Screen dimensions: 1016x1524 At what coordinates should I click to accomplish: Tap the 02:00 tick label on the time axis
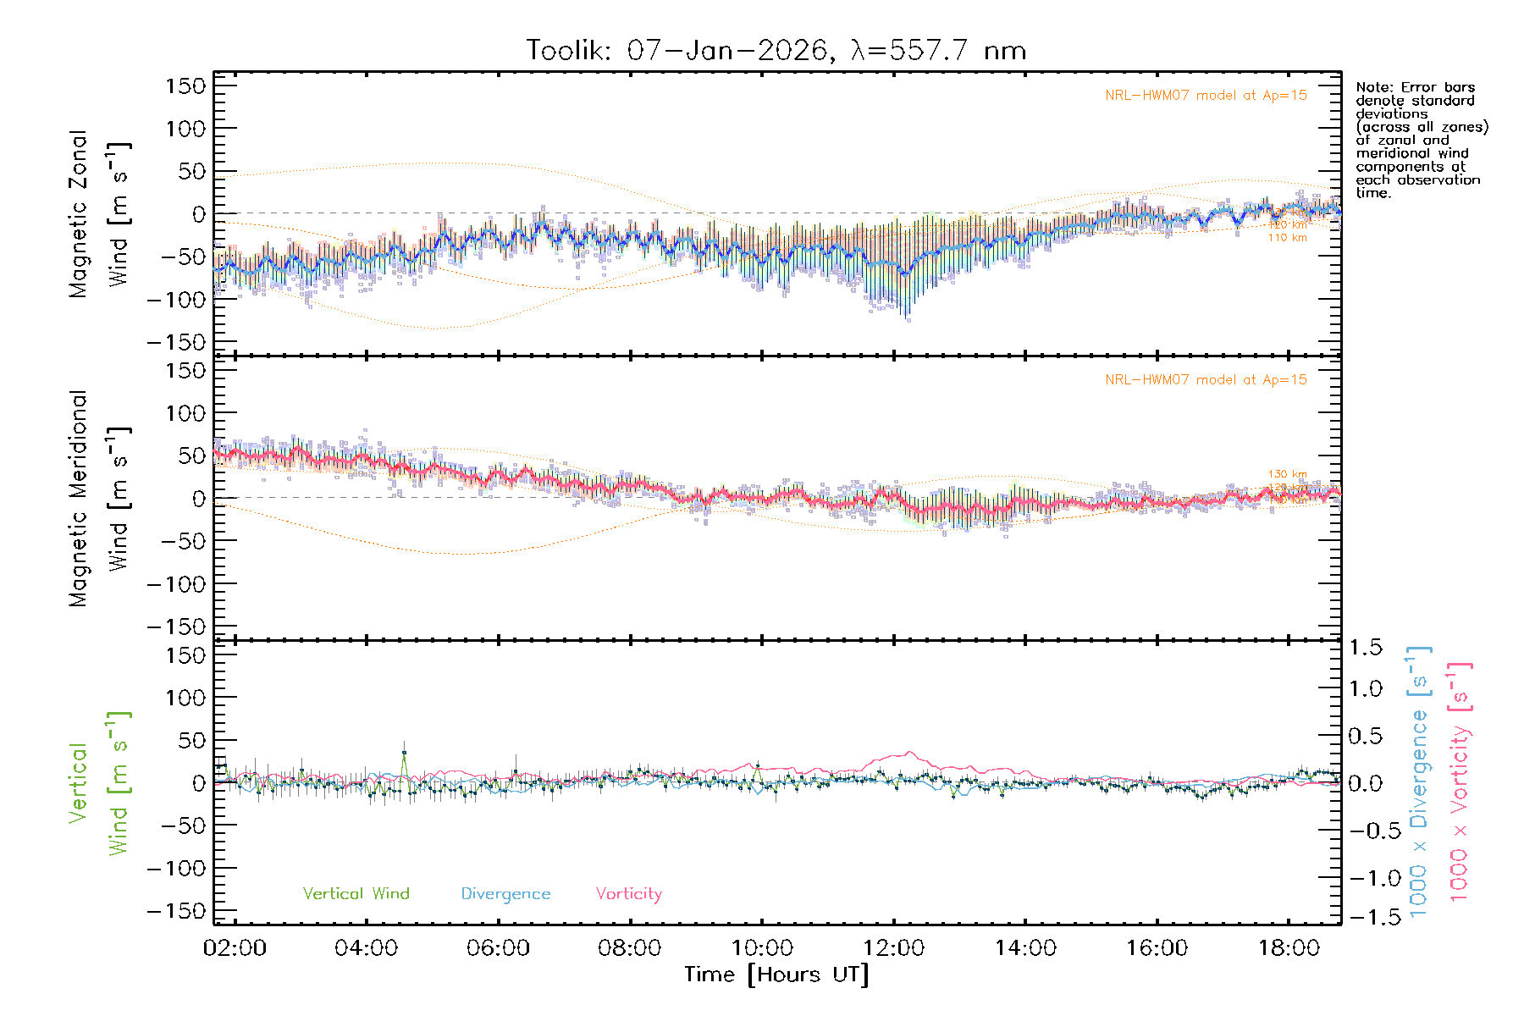click(x=235, y=948)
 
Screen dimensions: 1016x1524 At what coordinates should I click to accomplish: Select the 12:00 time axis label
click(x=893, y=948)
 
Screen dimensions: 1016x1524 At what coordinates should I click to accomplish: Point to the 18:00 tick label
click(x=1288, y=948)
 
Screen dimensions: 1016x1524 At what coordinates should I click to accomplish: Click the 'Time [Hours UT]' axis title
click(x=776, y=975)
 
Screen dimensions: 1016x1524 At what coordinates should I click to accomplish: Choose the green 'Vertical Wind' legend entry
click(x=356, y=893)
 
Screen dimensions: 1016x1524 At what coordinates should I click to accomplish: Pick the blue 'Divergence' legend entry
click(x=505, y=893)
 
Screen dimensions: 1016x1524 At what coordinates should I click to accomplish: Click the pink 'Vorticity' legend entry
click(x=628, y=893)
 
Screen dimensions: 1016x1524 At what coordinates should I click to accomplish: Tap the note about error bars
click(x=1421, y=140)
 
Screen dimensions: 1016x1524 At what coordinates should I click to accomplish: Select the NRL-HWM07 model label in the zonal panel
click(x=1206, y=96)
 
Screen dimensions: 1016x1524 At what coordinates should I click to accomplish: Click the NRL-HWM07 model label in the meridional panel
click(x=1206, y=380)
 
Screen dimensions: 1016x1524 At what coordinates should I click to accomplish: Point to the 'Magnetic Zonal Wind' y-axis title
click(x=99, y=214)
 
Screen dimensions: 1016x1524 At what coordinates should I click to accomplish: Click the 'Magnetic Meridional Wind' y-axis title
click(x=99, y=499)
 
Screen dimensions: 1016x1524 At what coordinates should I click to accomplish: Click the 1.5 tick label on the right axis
click(x=1365, y=648)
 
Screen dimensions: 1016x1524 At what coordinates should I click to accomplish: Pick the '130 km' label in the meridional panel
click(x=1287, y=474)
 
